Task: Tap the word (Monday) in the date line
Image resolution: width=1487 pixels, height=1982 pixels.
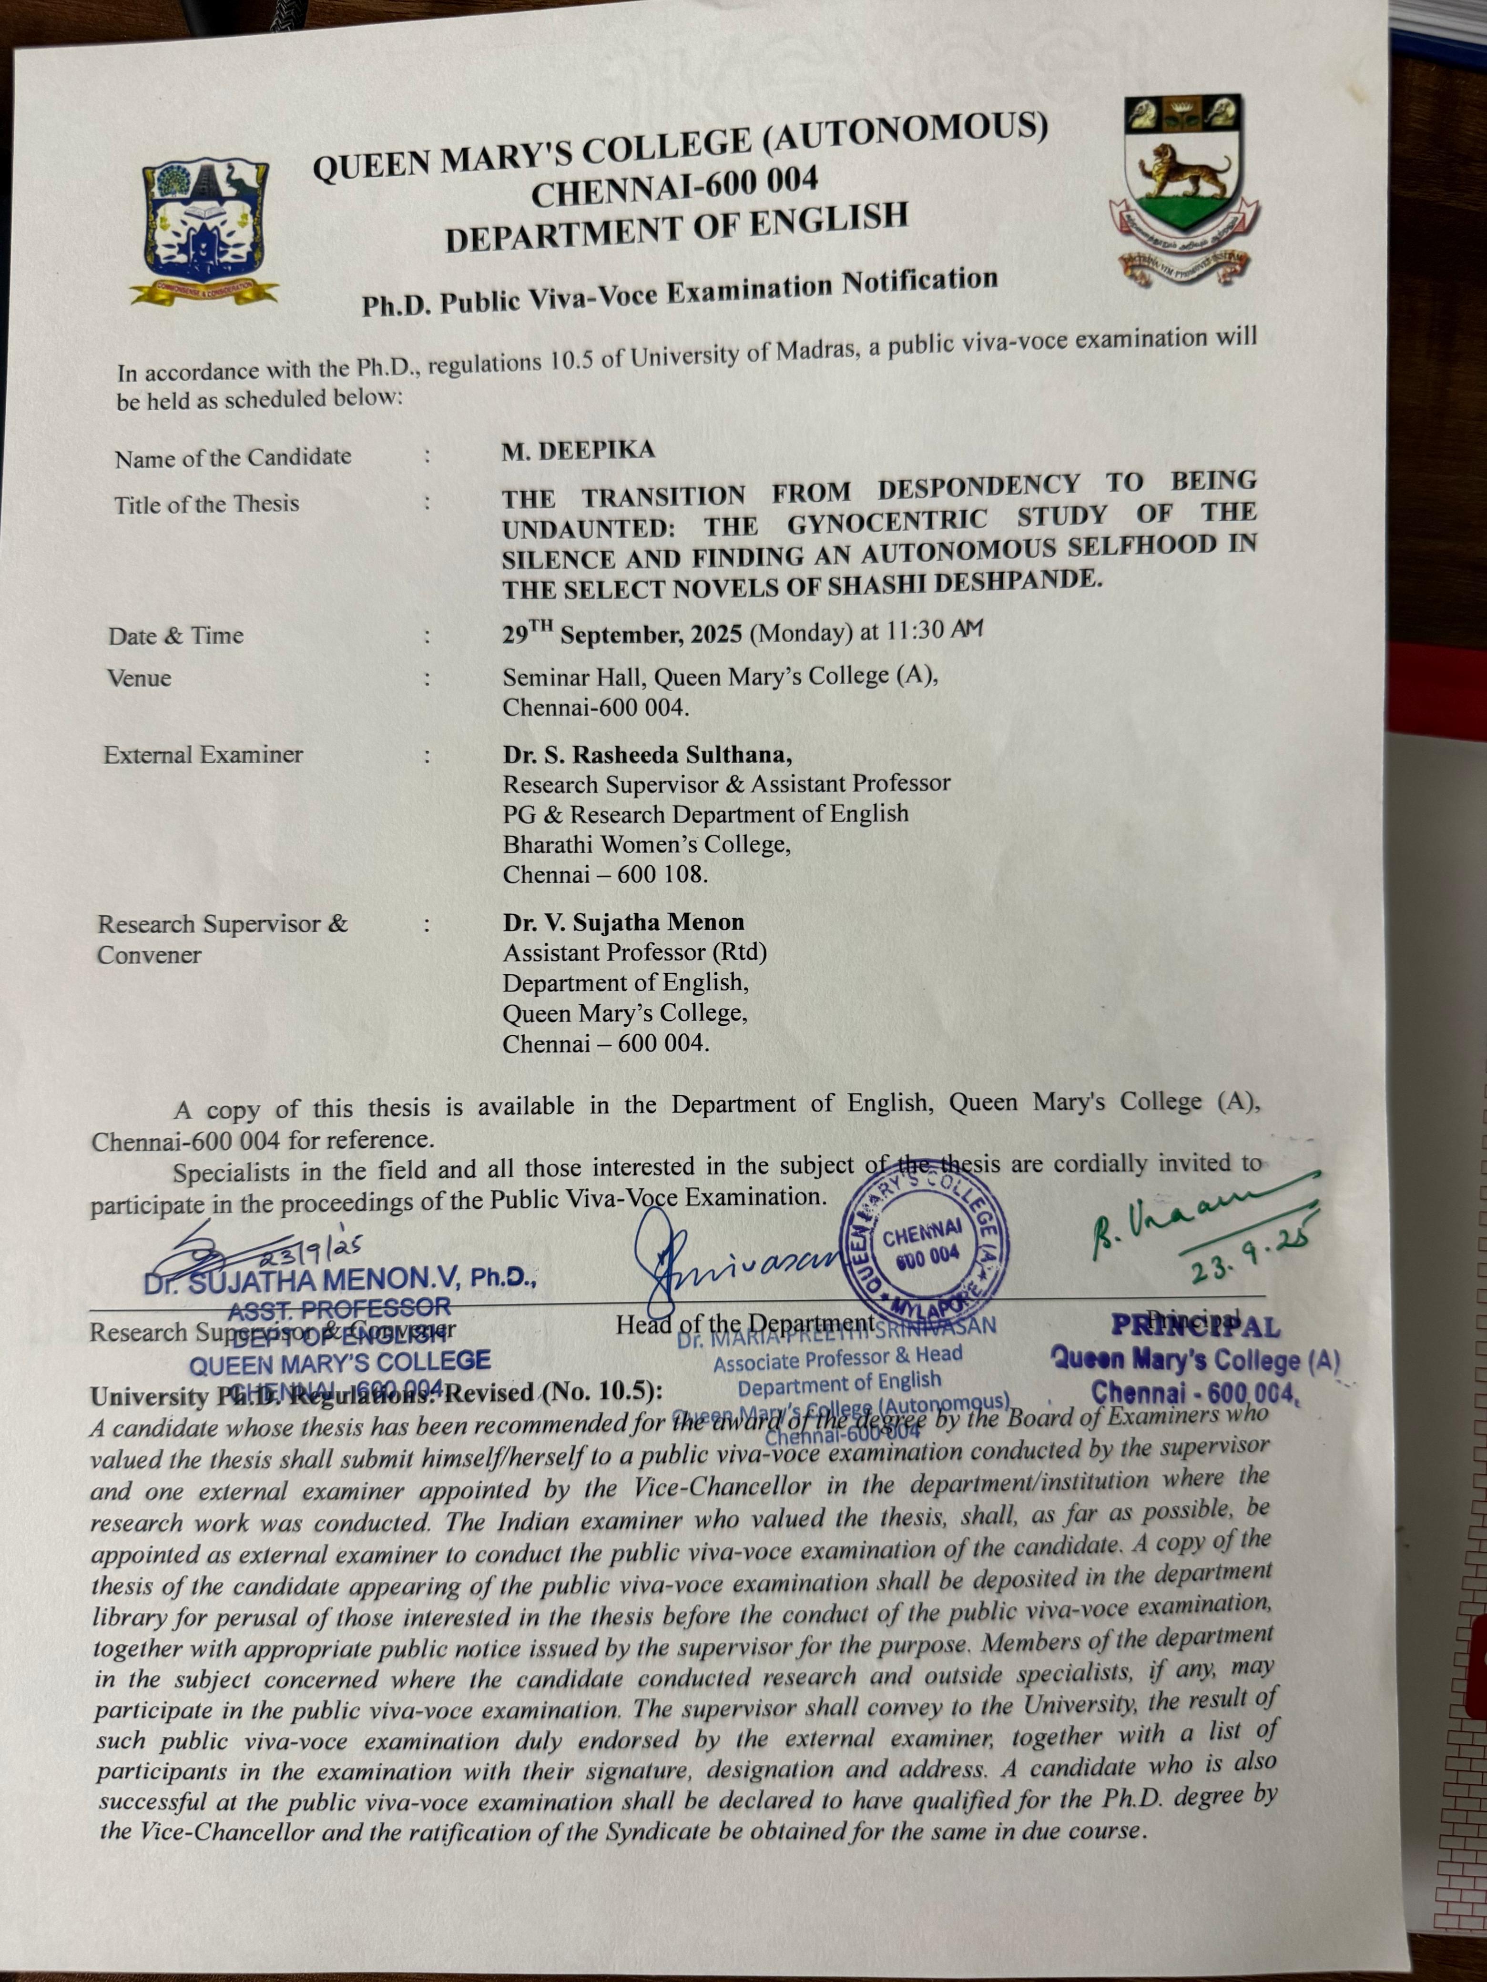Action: point(800,633)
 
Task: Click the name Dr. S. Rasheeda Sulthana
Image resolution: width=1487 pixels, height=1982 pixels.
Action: point(647,755)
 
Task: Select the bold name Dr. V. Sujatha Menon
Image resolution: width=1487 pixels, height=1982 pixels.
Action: point(623,922)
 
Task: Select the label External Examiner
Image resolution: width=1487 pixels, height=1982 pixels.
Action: point(204,755)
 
